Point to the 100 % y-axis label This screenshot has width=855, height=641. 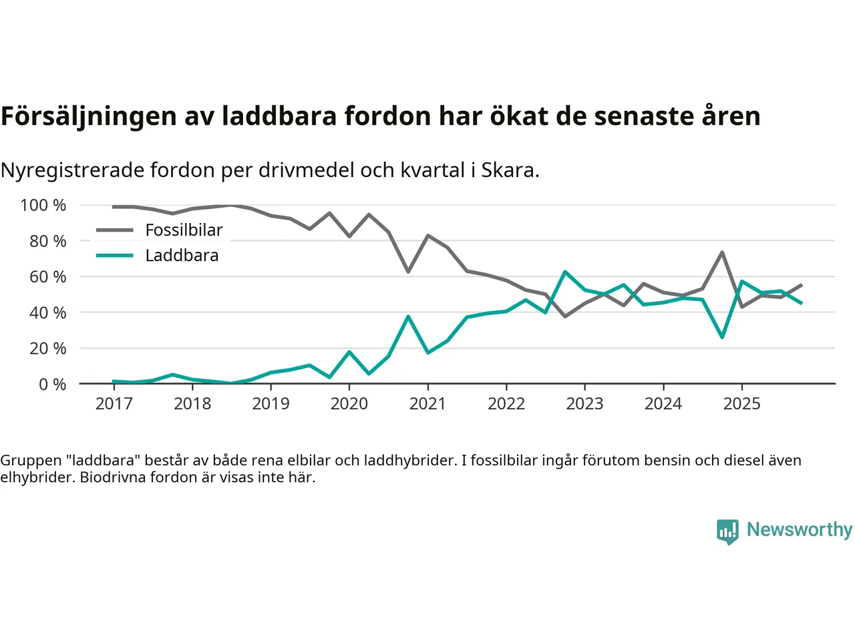[43, 205]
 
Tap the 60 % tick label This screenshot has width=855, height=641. [47, 276]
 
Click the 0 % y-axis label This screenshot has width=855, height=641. [52, 384]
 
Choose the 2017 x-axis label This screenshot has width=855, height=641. [114, 403]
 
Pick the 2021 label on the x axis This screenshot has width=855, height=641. [427, 403]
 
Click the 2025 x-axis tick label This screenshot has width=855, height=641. [741, 403]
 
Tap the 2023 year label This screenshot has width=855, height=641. [584, 403]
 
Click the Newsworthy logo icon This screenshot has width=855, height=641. [727, 531]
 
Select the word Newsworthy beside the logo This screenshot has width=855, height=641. [800, 529]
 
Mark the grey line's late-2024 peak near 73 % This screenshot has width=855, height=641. [722, 252]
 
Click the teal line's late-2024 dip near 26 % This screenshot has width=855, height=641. [722, 337]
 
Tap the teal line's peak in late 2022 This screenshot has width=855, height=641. [565, 272]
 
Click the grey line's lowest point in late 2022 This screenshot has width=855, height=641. [565, 316]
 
